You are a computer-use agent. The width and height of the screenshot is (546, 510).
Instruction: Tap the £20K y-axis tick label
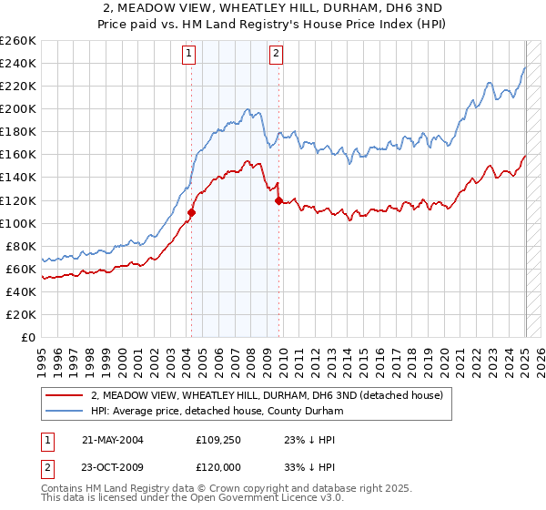(x=20, y=314)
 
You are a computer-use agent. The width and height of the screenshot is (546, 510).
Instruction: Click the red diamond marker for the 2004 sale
(x=192, y=212)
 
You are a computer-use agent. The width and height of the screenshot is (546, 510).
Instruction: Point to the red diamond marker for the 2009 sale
(x=278, y=200)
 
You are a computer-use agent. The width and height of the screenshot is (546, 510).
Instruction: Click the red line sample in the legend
(x=63, y=395)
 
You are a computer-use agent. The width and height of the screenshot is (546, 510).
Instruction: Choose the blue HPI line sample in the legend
(x=63, y=411)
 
